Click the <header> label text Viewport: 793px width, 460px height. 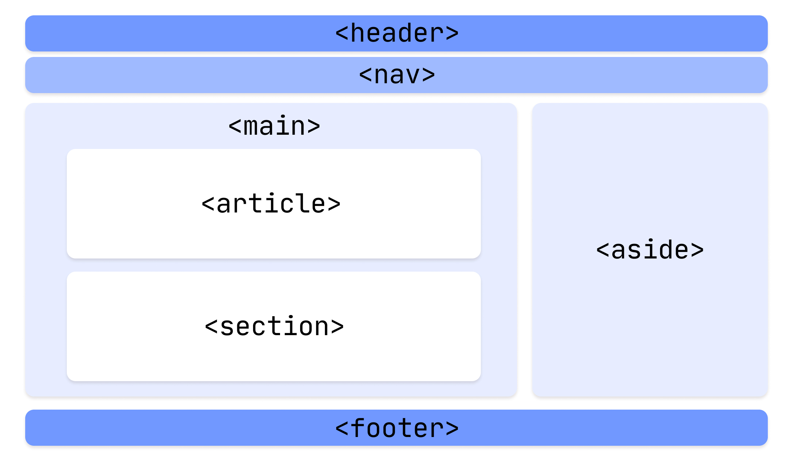pos(396,33)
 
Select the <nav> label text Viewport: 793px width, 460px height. pos(396,75)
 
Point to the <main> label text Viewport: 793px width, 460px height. pos(274,126)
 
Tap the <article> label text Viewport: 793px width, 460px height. pos(271,204)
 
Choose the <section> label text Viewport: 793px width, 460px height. pos(274,326)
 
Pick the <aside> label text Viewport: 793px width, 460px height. pos(650,250)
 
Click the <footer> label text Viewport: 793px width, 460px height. pos(396,428)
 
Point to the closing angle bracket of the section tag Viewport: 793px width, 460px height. pos(337,326)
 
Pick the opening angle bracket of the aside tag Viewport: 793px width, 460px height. pos(603,250)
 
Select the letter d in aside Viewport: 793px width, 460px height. pos(665,250)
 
